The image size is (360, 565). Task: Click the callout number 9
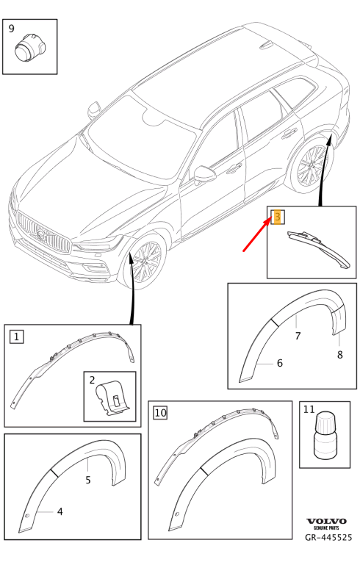(12, 29)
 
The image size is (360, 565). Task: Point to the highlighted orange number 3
(277, 217)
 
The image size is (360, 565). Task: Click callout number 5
(88, 481)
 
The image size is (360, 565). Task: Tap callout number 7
(298, 336)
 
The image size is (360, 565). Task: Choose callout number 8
(339, 355)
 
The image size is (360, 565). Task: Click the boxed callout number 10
(160, 414)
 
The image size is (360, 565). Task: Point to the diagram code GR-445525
(329, 537)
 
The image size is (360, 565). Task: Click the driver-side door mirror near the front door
(204, 175)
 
